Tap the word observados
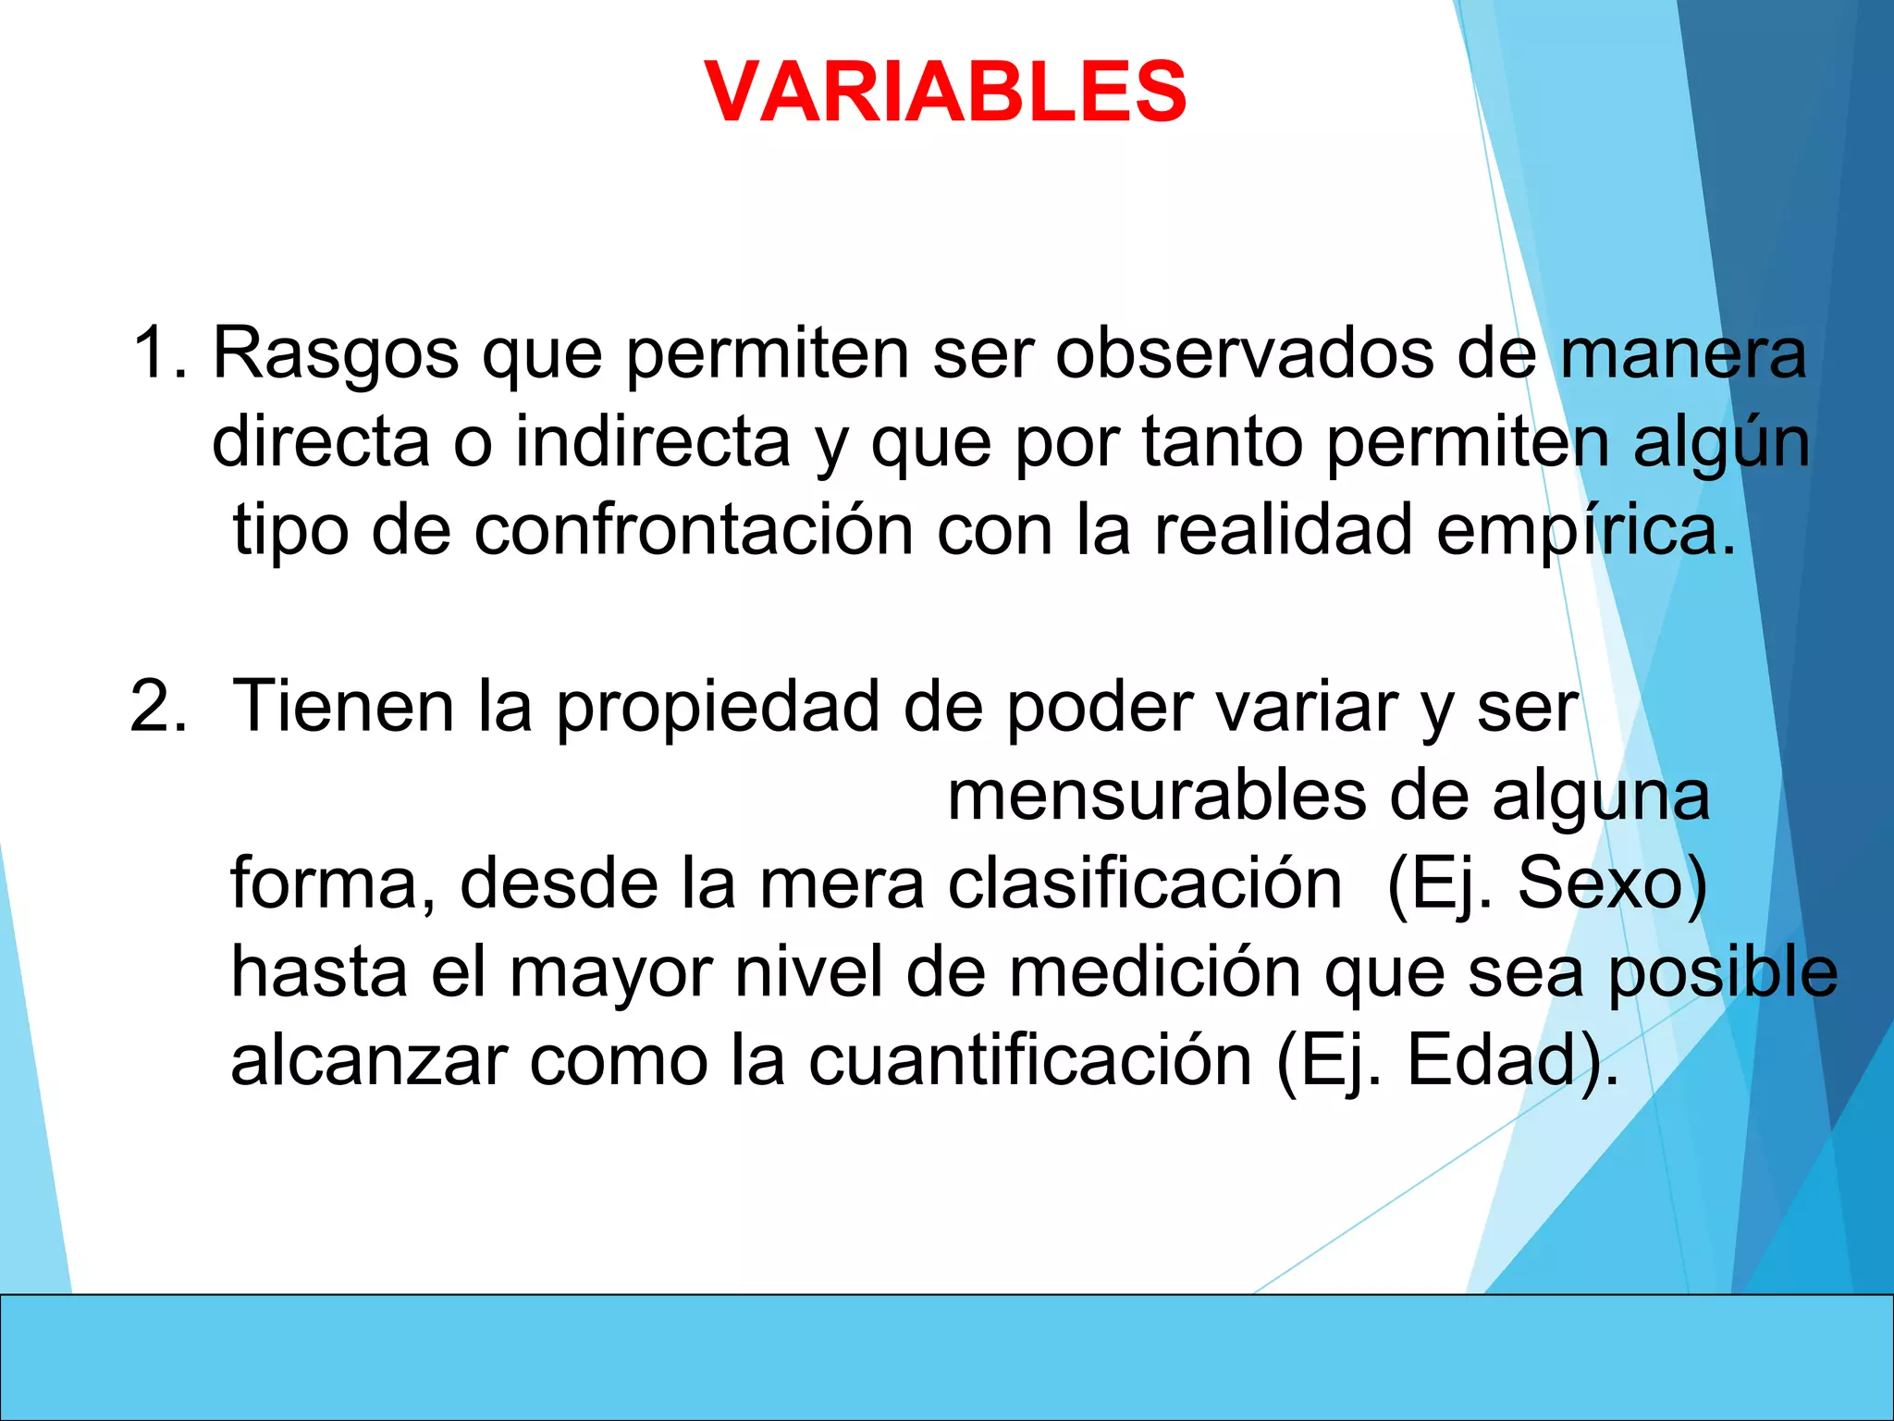1244,353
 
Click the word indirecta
653,442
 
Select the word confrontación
694,531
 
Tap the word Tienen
343,707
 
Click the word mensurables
1156,796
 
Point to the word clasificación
1145,884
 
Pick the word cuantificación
1030,1060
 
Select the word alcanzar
369,1062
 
